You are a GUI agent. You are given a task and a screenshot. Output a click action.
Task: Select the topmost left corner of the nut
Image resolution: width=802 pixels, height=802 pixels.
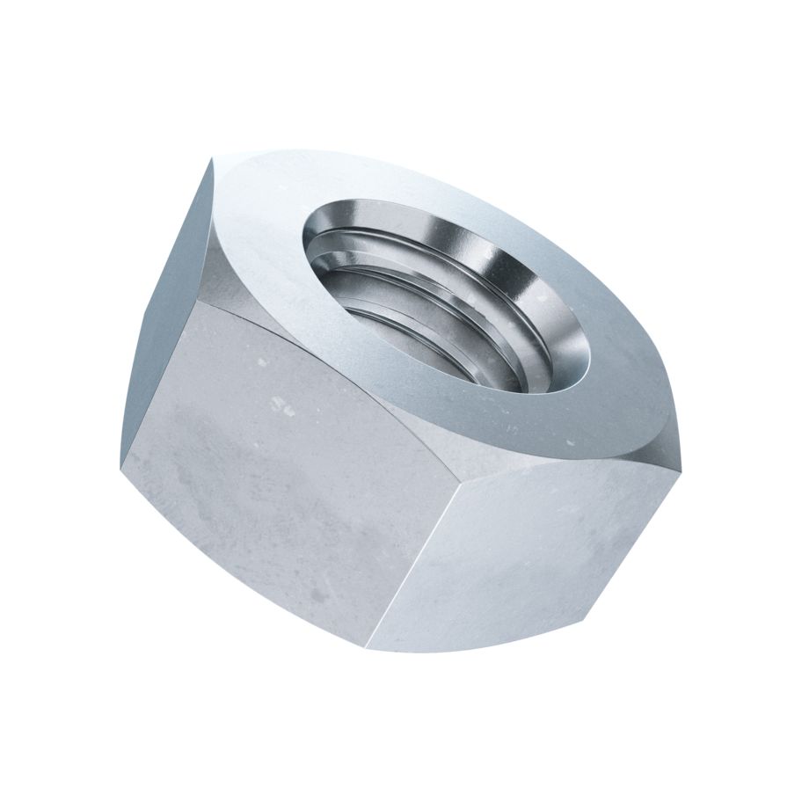pos(211,158)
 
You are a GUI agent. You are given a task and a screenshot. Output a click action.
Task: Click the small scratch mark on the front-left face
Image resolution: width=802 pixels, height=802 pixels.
pos(280,406)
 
